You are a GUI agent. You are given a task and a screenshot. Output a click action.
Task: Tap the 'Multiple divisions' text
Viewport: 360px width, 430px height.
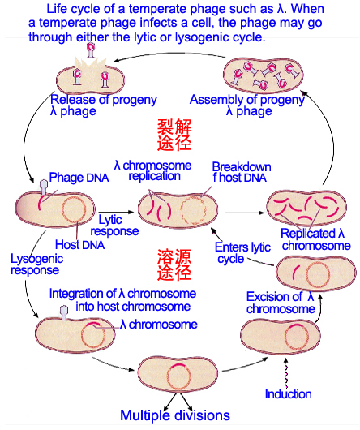coord(175,415)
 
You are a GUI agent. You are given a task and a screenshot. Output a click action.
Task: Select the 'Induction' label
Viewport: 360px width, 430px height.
coord(288,394)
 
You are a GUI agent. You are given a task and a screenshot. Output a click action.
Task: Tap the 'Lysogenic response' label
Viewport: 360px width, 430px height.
coord(34,264)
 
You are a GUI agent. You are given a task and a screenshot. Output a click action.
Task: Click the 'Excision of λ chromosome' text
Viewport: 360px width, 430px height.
coord(281,303)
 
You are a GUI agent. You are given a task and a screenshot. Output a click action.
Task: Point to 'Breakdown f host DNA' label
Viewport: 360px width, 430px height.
coord(241,173)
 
